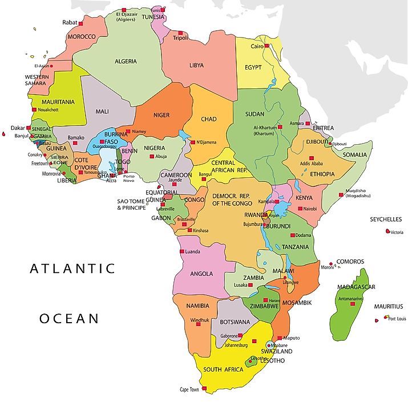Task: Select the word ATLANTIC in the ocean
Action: click(x=72, y=268)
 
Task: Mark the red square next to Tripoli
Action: click(x=181, y=32)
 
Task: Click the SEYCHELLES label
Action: click(x=386, y=219)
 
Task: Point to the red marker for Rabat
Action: click(x=80, y=23)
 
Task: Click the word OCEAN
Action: click(x=69, y=318)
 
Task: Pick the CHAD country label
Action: click(x=208, y=119)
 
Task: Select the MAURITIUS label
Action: click(x=388, y=306)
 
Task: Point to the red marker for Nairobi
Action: click(x=299, y=209)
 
